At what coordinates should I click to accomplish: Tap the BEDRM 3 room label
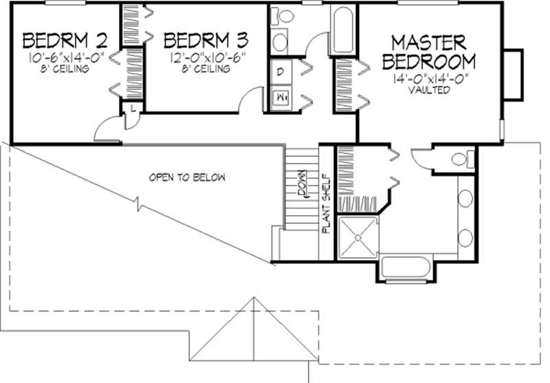pyautogui.click(x=206, y=38)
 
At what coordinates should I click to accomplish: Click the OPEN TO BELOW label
pyautogui.click(x=187, y=177)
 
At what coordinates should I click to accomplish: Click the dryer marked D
pyautogui.click(x=281, y=71)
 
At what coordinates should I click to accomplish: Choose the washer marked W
pyautogui.click(x=281, y=98)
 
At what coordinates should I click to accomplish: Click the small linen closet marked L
pyautogui.click(x=131, y=109)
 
